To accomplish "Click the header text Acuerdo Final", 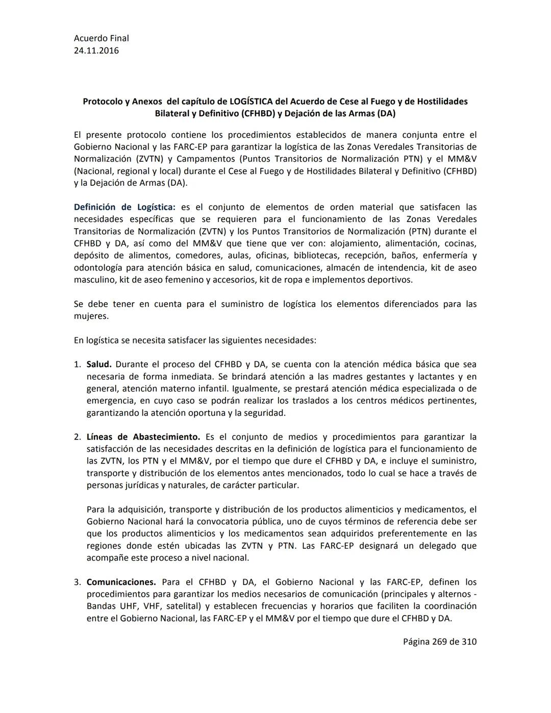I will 101,38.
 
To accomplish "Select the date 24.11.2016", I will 96,51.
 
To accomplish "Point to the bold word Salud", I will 99,364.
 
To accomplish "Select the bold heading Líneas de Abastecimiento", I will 143,437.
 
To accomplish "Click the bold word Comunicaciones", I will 121,582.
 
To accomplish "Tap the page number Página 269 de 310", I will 439,642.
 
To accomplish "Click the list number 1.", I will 77,364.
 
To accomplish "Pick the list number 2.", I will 77,437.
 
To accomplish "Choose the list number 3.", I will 77,582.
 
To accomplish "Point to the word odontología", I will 97,267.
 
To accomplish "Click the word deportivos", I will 388,280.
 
